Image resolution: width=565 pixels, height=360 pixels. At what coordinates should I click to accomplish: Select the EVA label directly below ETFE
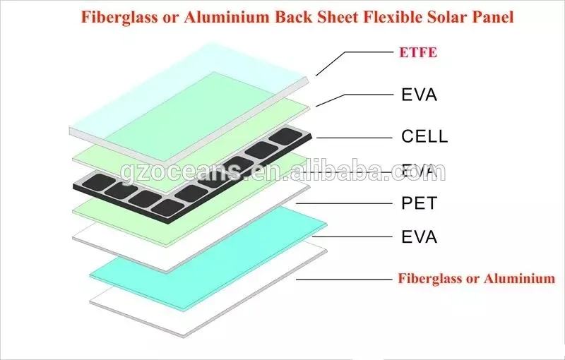coord(419,95)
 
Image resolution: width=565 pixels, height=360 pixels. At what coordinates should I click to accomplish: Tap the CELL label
coord(424,136)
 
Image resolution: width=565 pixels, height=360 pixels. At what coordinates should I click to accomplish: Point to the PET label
coord(419,204)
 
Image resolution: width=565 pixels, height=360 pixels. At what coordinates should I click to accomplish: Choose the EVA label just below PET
coord(419,236)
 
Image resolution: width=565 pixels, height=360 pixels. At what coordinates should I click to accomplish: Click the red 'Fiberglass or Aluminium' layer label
coord(477,278)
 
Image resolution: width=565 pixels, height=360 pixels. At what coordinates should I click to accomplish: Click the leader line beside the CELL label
coord(353,137)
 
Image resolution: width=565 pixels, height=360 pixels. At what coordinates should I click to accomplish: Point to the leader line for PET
coord(346,204)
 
